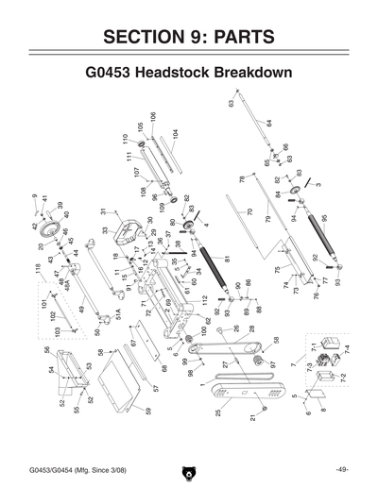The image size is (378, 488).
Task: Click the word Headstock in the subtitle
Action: pos(187,73)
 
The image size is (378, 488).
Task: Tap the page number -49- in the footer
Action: pos(343,469)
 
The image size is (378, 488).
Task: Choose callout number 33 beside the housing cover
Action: pos(104,230)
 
